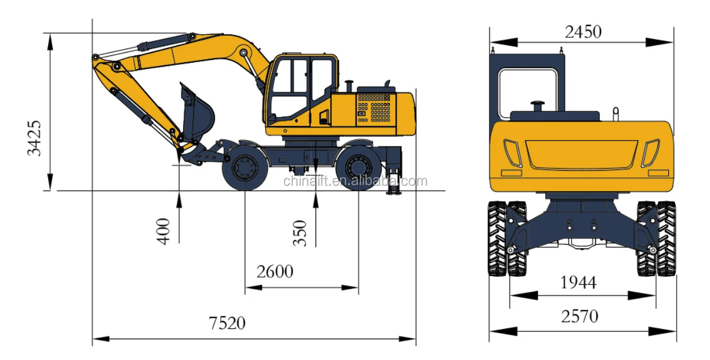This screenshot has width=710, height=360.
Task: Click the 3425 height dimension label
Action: [x=34, y=138]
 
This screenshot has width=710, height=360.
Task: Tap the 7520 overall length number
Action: [x=227, y=323]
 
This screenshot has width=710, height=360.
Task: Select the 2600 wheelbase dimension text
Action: [x=275, y=272]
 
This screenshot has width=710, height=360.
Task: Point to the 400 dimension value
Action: [x=163, y=231]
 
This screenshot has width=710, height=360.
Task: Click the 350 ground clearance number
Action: [x=300, y=233]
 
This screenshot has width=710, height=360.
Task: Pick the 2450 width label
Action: [x=583, y=32]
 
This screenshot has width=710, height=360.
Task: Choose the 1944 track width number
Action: [x=578, y=283]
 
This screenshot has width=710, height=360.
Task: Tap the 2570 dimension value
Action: [x=580, y=316]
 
